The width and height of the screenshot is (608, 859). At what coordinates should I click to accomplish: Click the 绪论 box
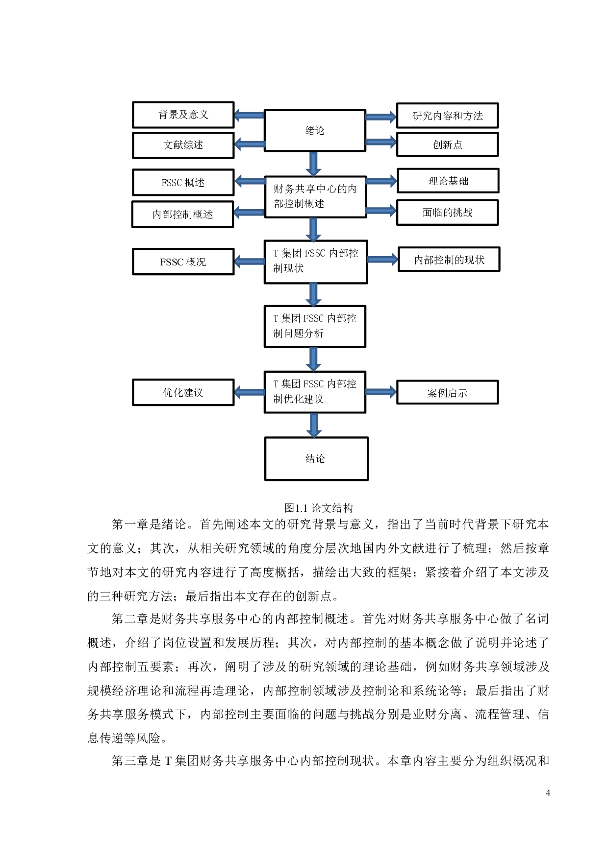click(x=315, y=131)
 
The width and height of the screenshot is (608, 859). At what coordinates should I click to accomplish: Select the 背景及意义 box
click(x=183, y=115)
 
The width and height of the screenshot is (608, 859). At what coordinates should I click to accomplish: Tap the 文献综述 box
click(x=183, y=145)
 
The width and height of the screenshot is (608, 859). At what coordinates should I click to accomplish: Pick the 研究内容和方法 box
click(x=447, y=116)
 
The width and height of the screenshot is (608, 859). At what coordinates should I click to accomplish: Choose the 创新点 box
click(x=447, y=145)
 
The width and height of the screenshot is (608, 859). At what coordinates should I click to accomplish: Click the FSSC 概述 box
click(x=183, y=183)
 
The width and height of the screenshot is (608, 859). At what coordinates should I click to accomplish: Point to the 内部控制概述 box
click(x=182, y=215)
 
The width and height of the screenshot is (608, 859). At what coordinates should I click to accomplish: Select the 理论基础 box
click(x=448, y=181)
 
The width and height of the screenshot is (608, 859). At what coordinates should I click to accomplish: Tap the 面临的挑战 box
click(x=447, y=213)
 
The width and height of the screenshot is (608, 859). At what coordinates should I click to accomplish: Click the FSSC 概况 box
click(x=183, y=262)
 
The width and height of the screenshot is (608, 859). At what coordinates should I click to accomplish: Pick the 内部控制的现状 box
click(x=449, y=260)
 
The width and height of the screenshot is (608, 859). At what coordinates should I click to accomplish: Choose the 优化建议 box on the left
click(x=183, y=393)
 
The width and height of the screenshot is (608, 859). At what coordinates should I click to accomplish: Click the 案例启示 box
click(x=447, y=393)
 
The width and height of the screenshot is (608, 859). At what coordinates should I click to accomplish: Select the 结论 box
click(x=316, y=459)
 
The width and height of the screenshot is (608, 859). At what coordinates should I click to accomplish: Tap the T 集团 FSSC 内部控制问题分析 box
click(x=315, y=326)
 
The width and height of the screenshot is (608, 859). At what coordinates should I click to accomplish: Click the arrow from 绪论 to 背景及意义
click(x=249, y=115)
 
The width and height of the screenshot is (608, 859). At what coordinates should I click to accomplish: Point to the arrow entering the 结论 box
click(x=314, y=425)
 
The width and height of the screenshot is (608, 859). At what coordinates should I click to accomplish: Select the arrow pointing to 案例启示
click(x=381, y=392)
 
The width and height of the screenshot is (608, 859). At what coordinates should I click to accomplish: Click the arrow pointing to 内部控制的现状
click(x=382, y=260)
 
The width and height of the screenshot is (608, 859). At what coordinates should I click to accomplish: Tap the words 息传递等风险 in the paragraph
click(x=124, y=738)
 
